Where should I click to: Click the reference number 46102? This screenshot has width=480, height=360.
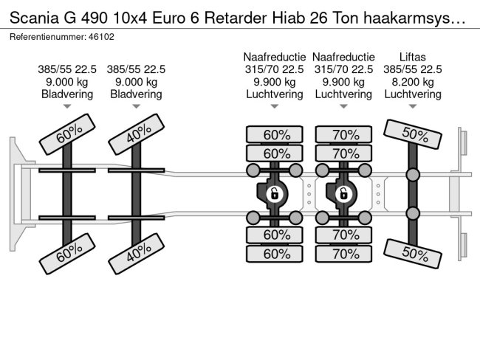pyautogui.click(x=101, y=37)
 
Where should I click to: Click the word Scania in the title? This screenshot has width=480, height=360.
pyautogui.click(x=34, y=18)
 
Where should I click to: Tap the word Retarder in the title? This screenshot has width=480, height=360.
pyautogui.click(x=236, y=18)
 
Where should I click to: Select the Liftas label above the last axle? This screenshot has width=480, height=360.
pyautogui.click(x=412, y=57)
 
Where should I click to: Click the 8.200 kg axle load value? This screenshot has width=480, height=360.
pyautogui.click(x=412, y=82)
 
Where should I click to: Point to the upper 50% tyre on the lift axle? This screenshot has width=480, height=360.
pyautogui.click(x=412, y=134)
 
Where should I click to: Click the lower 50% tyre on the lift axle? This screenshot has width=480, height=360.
pyautogui.click(x=412, y=255)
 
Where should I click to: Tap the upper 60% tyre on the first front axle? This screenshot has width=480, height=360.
pyautogui.click(x=67, y=134)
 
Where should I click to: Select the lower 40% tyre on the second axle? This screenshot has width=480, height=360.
pyautogui.click(x=136, y=254)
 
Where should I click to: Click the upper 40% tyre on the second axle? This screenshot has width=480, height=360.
pyautogui.click(x=136, y=134)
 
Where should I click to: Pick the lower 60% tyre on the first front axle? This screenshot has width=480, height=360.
pyautogui.click(x=67, y=254)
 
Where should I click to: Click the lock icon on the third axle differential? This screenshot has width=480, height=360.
pyautogui.click(x=274, y=194)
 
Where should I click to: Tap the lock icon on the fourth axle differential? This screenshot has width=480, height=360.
pyautogui.click(x=343, y=194)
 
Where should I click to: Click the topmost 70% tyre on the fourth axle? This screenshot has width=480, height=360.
pyautogui.click(x=343, y=134)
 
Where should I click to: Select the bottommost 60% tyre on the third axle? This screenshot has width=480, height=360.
pyautogui.click(x=274, y=254)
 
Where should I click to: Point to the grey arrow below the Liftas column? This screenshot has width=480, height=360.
pyautogui.click(x=413, y=106)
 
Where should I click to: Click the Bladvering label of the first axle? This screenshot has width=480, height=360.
pyautogui.click(x=67, y=94)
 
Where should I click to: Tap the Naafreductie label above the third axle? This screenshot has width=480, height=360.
pyautogui.click(x=274, y=57)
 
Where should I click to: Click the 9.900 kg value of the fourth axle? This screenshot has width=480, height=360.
pyautogui.click(x=343, y=82)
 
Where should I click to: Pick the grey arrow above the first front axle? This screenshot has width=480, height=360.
pyautogui.click(x=67, y=106)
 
